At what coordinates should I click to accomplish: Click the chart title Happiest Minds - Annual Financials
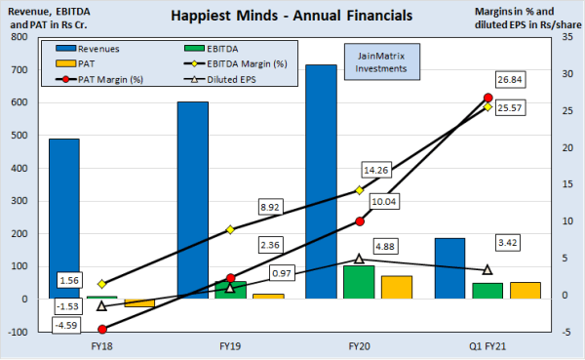[x=292, y=17]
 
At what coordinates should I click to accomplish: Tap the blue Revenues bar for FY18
[x=64, y=219]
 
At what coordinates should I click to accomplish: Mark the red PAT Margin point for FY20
[x=360, y=221]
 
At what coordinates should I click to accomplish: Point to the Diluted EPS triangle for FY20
[x=359, y=259]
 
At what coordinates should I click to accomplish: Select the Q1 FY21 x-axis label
[x=487, y=345]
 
